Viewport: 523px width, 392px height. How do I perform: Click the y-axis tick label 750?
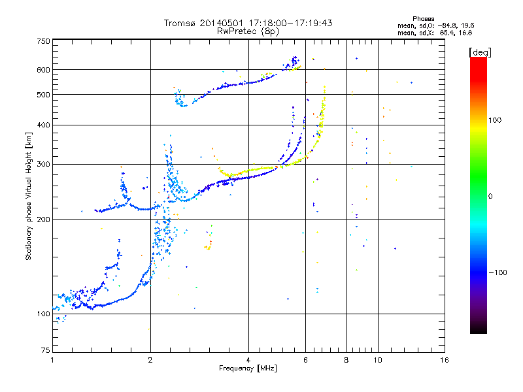point(44,41)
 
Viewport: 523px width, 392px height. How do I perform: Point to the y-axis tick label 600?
point(44,70)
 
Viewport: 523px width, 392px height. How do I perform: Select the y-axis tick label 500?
point(44,95)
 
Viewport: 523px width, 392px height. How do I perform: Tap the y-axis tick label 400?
point(44,125)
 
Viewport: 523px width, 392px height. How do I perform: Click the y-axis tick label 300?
point(44,165)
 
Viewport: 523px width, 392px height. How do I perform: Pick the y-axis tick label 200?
point(44,220)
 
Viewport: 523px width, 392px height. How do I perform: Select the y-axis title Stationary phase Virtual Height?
point(29,196)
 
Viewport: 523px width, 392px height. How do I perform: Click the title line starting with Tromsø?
point(248,23)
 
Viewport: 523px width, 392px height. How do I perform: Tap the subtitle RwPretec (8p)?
point(248,31)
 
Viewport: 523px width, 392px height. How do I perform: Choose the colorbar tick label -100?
point(499,272)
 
